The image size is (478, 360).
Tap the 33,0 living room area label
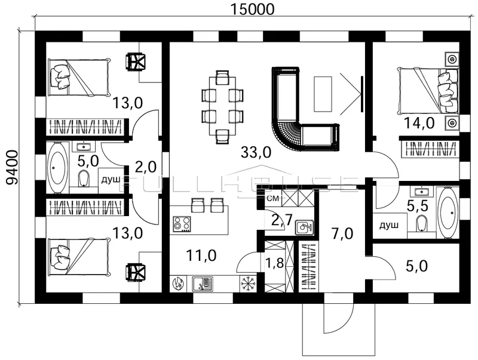pyautogui.click(x=256, y=152)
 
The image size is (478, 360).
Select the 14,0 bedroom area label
pyautogui.click(x=419, y=124)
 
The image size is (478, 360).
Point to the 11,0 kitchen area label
pyautogui.click(x=201, y=256)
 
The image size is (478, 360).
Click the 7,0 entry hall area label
pyautogui.click(x=342, y=234)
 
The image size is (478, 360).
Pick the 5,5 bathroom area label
pyautogui.click(x=418, y=206)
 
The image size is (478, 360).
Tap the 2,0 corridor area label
pyautogui.click(x=145, y=167)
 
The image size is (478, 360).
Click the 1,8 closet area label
pyautogui.click(x=274, y=263)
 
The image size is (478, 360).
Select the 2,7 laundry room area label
pyautogui.click(x=281, y=219)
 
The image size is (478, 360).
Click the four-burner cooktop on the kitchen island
pyautogui.click(x=182, y=224)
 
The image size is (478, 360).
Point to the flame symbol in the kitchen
pyautogui.click(x=178, y=284)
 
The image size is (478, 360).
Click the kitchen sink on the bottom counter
pyautogui.click(x=203, y=284)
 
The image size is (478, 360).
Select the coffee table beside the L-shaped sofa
pyautogui.click(x=323, y=94)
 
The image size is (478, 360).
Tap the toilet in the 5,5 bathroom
pyautogui.click(x=422, y=224)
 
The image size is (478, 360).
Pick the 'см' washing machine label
pyautogui.click(x=273, y=199)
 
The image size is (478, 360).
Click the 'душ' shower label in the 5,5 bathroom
pyautogui.click(x=389, y=226)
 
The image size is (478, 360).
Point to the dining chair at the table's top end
pyautogui.click(x=222, y=77)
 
